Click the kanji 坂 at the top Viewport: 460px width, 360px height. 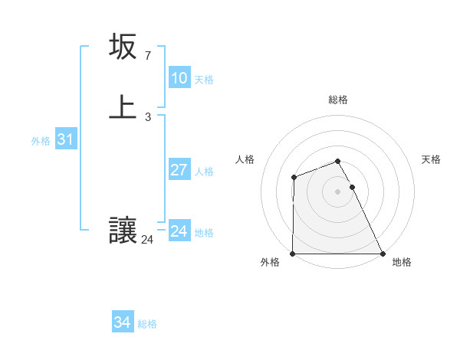tap(123, 47)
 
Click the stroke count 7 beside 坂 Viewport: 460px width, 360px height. tap(148, 56)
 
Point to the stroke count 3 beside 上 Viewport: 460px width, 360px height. tap(148, 116)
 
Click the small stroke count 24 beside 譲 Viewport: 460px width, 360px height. tap(147, 240)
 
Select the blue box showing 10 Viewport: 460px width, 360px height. tap(179, 78)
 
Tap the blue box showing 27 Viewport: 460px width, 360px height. tap(179, 170)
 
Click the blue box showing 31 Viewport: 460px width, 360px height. tap(65, 139)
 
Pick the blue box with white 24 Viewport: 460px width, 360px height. tap(179, 231)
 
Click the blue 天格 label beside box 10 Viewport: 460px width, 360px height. tap(204, 80)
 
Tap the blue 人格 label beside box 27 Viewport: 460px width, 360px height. tap(204, 172)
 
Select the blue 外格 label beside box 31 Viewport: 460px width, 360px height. tap(41, 141)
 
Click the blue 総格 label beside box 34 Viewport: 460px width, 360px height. tap(147, 324)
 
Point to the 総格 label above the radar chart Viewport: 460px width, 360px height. tap(338, 100)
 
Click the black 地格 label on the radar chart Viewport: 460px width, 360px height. tap(402, 262)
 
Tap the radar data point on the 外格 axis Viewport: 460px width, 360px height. tap(293, 254)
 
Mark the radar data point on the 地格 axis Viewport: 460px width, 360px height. tap(383, 254)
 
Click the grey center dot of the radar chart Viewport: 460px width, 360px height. tap(338, 191)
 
